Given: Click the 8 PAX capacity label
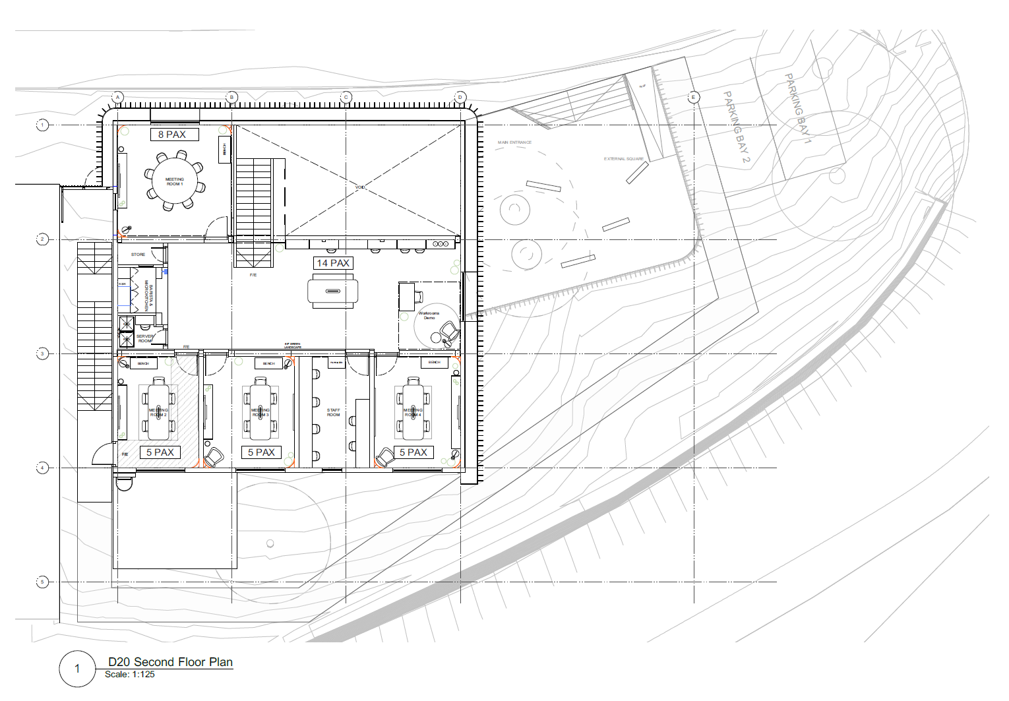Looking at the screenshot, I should (x=171, y=135).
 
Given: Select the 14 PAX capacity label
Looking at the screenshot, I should (x=333, y=263).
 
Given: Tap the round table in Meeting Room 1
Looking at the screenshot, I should (x=175, y=181).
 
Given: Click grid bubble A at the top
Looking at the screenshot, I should (x=118, y=98).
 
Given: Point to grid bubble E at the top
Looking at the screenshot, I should (x=693, y=97).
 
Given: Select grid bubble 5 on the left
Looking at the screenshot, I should (x=42, y=582).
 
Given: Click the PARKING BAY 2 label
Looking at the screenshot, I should (x=737, y=127).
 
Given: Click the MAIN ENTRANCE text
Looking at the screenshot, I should (x=514, y=142).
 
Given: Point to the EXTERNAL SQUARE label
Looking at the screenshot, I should (x=623, y=159).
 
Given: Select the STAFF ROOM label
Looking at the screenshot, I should (x=334, y=412).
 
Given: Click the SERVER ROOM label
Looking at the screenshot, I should (x=144, y=338).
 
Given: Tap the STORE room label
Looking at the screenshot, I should (x=138, y=255).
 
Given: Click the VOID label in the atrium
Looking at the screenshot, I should (x=360, y=187).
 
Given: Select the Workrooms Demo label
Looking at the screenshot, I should (x=429, y=315).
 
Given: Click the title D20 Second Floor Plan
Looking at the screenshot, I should (x=170, y=662).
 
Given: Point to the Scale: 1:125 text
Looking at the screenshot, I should (x=130, y=675).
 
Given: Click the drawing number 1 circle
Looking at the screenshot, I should (x=77, y=669).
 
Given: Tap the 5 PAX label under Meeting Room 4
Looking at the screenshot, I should (x=413, y=452).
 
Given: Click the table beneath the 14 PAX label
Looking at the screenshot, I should (x=333, y=291).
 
